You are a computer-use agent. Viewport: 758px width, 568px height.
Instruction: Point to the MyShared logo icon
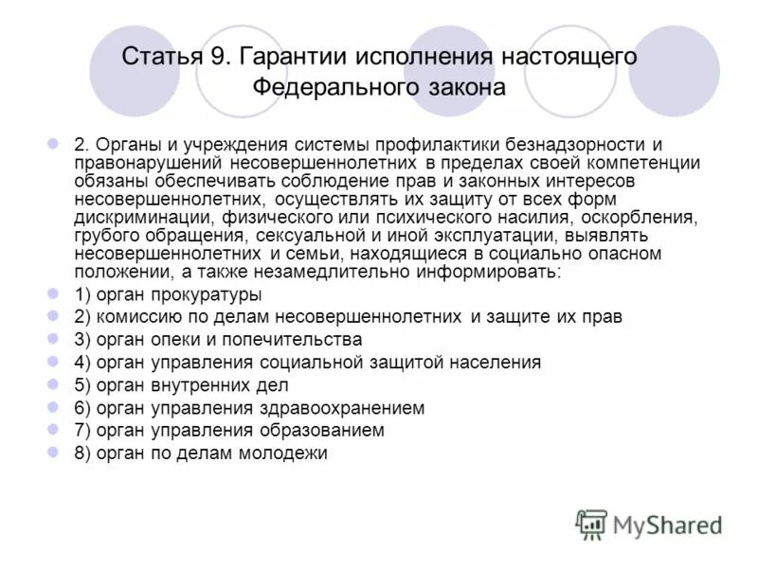pyautogui.click(x=591, y=524)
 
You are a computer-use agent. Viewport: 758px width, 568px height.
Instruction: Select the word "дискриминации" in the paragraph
pyautogui.click(x=131, y=217)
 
